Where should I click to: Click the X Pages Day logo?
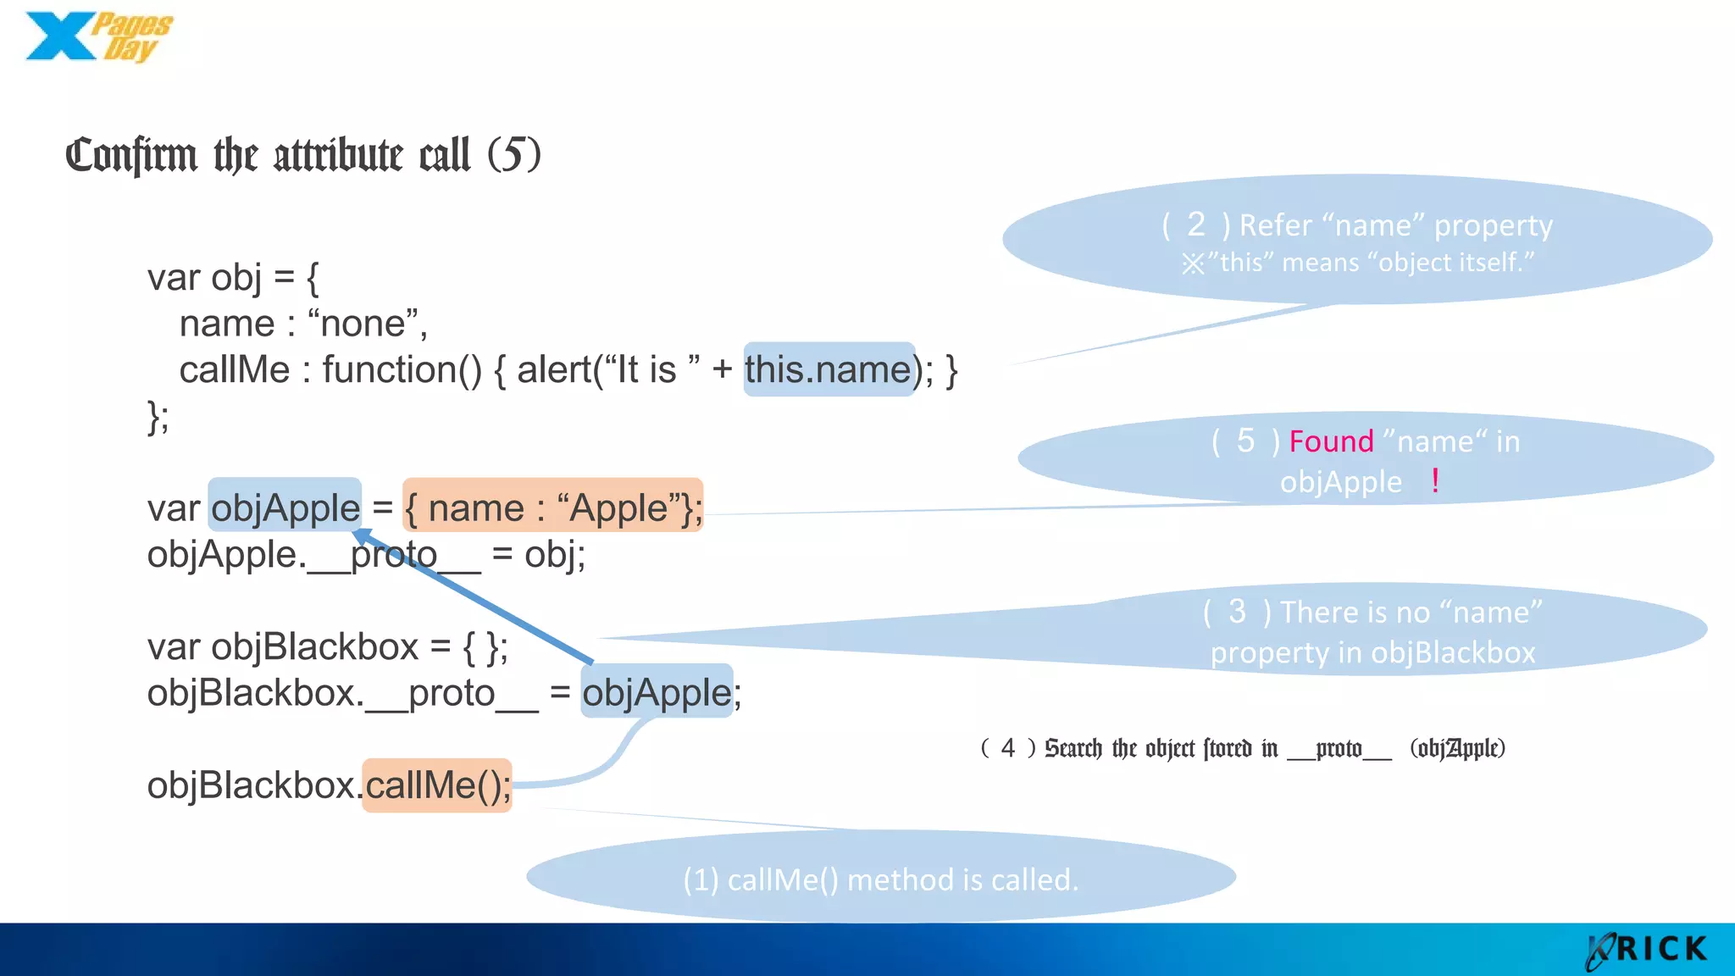coord(97,37)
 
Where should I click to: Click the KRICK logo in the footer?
coord(1647,950)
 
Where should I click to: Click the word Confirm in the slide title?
coord(131,155)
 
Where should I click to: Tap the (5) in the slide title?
coord(513,154)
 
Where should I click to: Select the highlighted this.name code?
coord(828,370)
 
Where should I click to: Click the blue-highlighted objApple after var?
coord(285,508)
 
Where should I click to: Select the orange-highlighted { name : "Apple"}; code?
coord(552,508)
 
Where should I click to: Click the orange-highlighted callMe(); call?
coord(437,785)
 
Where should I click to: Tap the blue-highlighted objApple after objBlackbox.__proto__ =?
coord(657,693)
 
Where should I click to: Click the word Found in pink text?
coord(1331,441)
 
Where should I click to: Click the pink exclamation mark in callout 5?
coord(1435,481)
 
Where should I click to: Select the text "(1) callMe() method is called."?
coord(880,880)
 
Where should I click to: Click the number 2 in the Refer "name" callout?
coord(1195,225)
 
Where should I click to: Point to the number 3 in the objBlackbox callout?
coord(1237,612)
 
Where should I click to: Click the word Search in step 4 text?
coord(1073,748)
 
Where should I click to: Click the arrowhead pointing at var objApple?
coord(362,536)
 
